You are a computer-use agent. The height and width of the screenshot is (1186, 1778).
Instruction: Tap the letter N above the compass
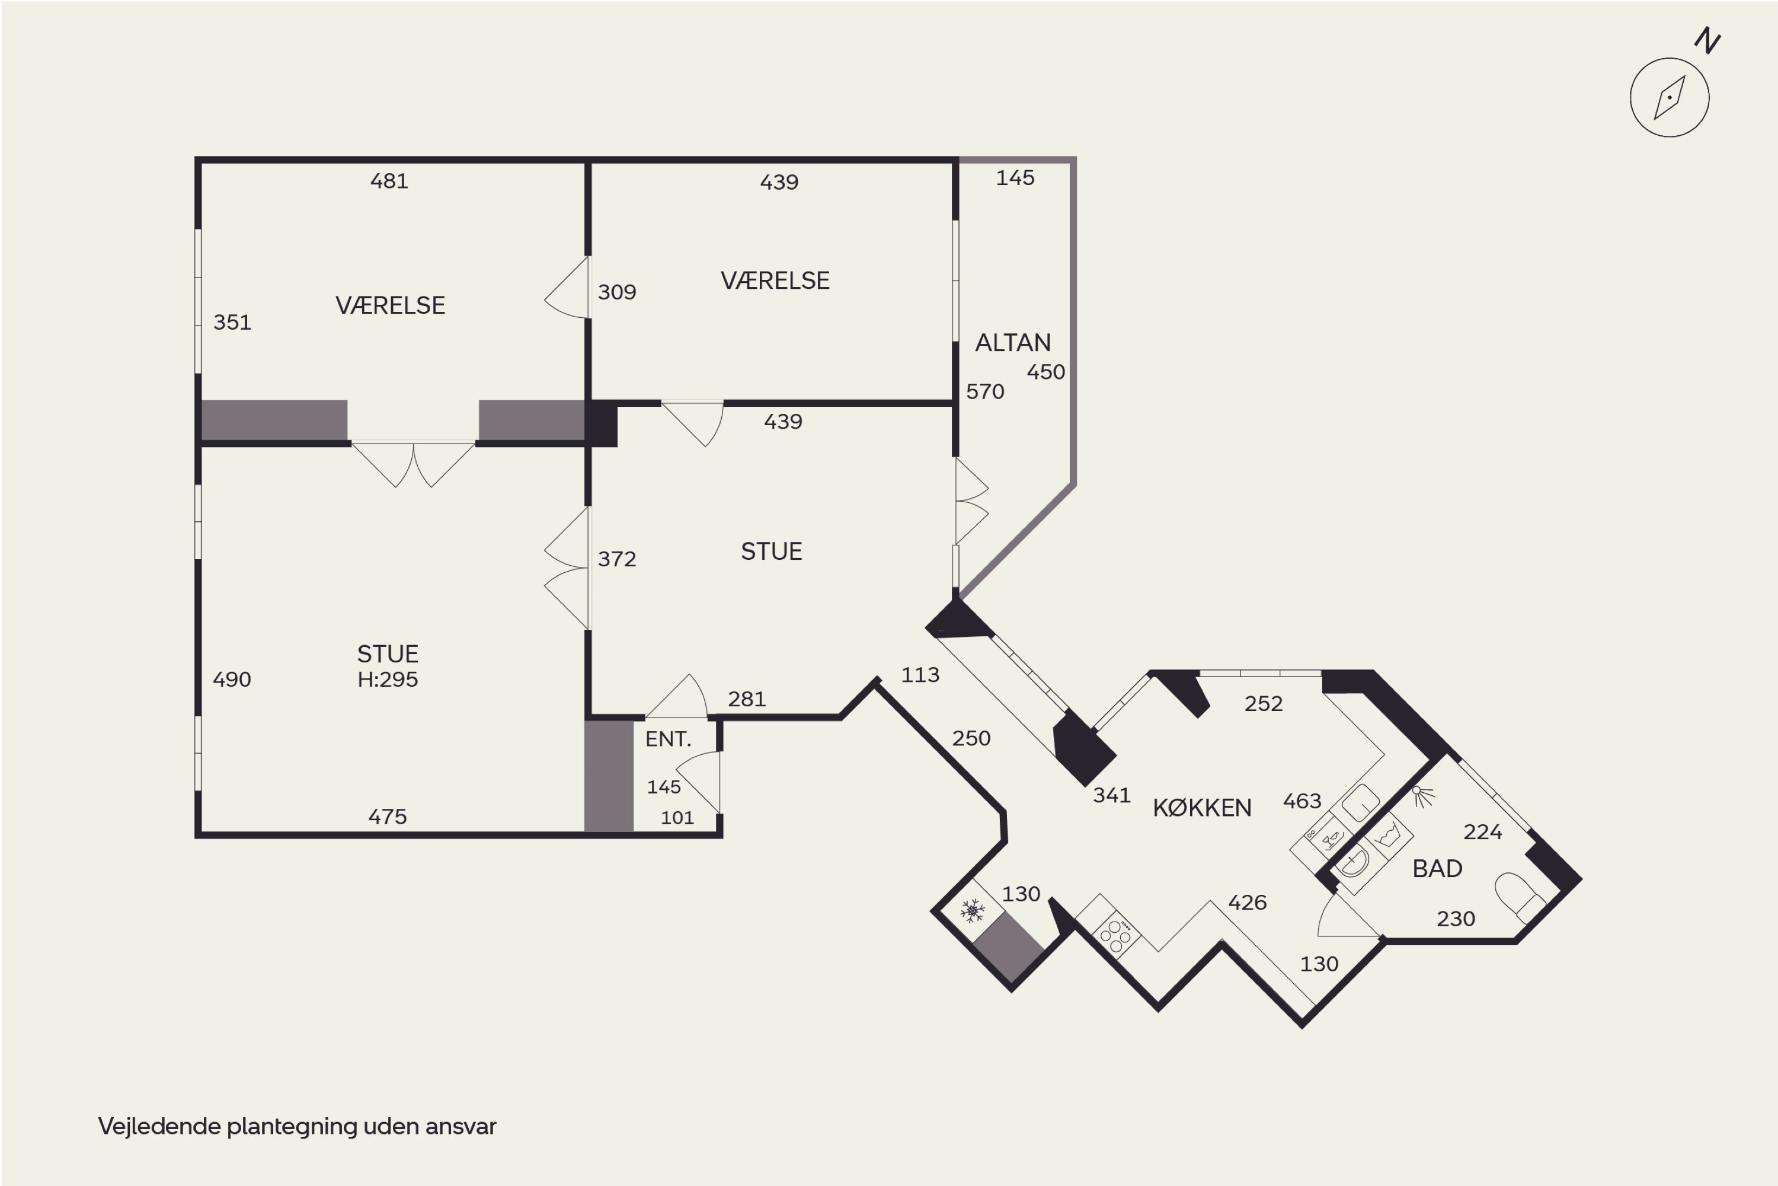point(1707,40)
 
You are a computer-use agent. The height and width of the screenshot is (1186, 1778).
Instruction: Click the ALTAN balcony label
point(1013,343)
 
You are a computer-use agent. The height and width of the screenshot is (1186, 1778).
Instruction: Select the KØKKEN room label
point(1202,808)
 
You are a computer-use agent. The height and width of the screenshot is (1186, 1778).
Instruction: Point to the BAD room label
point(1437,868)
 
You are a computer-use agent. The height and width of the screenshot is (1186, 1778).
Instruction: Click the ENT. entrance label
point(669,739)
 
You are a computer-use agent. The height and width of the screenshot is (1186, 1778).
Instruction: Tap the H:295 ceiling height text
point(388,679)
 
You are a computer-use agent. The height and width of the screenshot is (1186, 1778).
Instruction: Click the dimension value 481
point(389,181)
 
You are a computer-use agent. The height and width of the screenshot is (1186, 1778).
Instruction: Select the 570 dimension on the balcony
point(985,392)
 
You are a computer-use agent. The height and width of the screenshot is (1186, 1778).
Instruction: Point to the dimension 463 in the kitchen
point(1301,801)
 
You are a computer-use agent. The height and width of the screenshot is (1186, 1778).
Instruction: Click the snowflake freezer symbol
point(972,911)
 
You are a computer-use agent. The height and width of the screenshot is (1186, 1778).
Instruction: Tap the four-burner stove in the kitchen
point(1116,936)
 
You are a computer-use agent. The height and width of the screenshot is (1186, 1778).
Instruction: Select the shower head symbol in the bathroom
point(1423,796)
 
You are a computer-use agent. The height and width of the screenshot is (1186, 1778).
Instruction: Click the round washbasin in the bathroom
point(1353,862)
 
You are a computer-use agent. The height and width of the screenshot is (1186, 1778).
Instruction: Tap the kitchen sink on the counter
point(1361,802)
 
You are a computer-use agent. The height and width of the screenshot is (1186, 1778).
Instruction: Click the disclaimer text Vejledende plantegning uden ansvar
point(297,1126)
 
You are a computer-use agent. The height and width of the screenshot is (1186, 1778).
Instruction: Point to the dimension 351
point(232,322)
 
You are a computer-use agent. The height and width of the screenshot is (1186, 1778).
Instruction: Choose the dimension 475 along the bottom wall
point(388,817)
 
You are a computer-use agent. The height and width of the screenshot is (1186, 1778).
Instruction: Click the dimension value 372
point(617,559)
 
